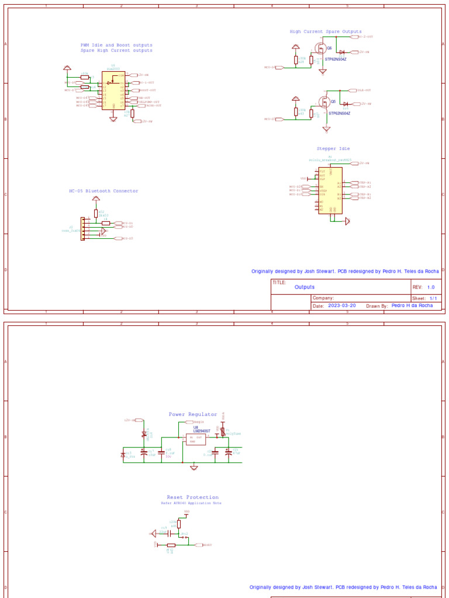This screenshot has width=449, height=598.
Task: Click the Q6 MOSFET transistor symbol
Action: [x=321, y=48]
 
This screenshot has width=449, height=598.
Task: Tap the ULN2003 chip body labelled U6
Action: [x=113, y=90]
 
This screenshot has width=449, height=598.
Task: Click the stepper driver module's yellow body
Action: [x=330, y=190]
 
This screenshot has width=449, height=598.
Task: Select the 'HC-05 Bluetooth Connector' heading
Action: [x=103, y=191]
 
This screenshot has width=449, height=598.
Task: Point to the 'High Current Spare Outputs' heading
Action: [x=325, y=32]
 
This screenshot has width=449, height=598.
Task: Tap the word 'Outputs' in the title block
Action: [x=304, y=287]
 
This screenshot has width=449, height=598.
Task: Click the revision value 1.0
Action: [x=431, y=287]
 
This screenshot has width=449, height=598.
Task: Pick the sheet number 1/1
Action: [x=433, y=298]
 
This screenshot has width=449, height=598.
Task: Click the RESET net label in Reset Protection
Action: [x=206, y=545]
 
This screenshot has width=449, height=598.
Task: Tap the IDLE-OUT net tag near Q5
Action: [x=364, y=91]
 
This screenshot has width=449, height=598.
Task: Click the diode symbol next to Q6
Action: [x=341, y=52]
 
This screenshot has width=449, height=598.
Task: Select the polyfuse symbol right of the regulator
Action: [x=223, y=432]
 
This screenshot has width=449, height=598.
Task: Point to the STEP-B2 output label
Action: [x=365, y=198]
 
